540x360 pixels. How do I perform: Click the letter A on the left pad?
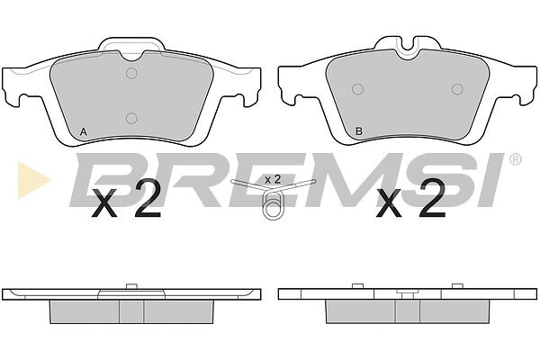click(x=83, y=131)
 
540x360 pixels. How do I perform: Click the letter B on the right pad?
click(x=359, y=131)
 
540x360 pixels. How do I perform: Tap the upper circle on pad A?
click(x=131, y=73)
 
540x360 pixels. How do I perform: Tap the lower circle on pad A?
click(x=131, y=118)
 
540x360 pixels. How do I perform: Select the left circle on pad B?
click(x=358, y=89)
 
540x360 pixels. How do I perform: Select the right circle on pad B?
click(x=457, y=89)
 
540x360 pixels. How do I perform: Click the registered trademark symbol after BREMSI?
click(x=515, y=159)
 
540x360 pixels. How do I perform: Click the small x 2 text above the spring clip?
click(x=273, y=179)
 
